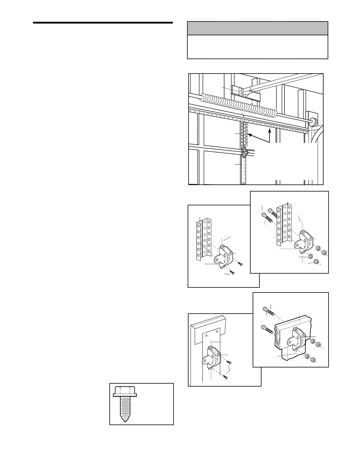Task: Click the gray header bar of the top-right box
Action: [x=257, y=28]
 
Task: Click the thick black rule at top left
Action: [x=103, y=22]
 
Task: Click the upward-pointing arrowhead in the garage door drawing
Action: [x=269, y=131]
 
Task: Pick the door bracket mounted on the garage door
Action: [x=244, y=152]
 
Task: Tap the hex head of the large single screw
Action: [x=125, y=391]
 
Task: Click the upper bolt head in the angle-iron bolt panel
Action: [x=270, y=210]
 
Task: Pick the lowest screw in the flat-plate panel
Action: [x=226, y=376]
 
